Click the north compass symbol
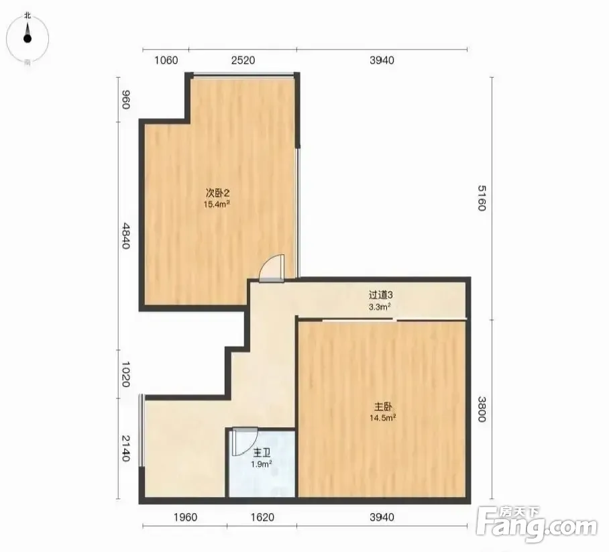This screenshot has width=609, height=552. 27,38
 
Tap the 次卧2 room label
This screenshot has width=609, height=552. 217,192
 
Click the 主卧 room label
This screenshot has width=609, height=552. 383,406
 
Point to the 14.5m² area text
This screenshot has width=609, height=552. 382,418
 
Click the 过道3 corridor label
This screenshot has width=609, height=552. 380,295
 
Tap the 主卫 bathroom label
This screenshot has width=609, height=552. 262,453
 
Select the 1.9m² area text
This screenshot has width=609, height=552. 262,464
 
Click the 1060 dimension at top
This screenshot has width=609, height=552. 166,60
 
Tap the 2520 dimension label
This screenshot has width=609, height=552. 243,60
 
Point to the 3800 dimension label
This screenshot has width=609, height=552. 482,409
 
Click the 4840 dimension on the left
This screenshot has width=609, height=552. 125,235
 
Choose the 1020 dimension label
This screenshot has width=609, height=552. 125,374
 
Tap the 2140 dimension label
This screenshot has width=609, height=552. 125,448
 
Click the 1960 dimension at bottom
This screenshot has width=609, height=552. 185,517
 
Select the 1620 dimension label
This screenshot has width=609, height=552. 262,517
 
